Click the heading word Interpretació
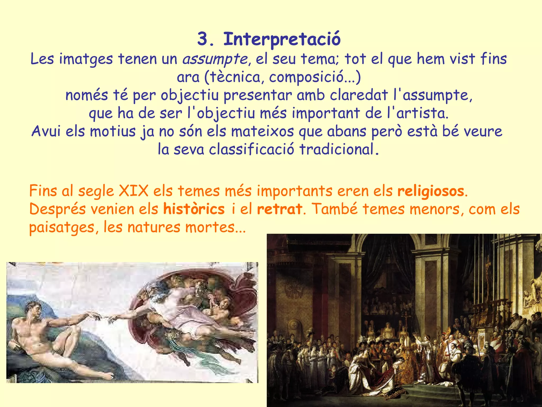[x=282, y=39]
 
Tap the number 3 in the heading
[x=203, y=39]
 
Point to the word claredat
[x=359, y=95]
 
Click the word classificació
[x=251, y=149]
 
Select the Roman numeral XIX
[x=134, y=191]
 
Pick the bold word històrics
[x=194, y=209]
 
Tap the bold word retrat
[x=279, y=209]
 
